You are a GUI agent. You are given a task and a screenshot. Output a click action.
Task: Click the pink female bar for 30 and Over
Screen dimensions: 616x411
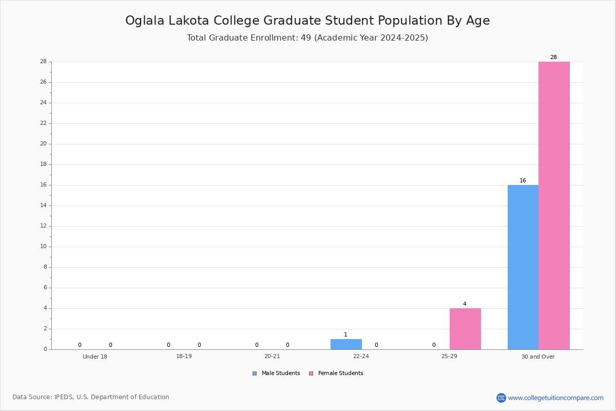[x=554, y=206]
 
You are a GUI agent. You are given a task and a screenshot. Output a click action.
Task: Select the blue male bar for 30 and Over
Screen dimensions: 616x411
[x=523, y=267]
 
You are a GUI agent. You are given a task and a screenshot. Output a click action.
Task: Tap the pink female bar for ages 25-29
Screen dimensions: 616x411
[x=465, y=329]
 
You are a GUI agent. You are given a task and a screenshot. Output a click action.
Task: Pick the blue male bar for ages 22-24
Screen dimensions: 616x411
[x=346, y=344]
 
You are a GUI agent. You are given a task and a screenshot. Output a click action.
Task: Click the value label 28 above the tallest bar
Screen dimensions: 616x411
[x=553, y=57]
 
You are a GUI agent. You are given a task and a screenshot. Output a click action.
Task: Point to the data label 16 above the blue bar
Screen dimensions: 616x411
[x=523, y=181]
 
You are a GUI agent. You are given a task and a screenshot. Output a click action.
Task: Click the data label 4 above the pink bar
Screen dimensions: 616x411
[x=465, y=304]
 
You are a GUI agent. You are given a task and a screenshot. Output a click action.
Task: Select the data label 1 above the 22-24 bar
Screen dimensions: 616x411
[x=345, y=335]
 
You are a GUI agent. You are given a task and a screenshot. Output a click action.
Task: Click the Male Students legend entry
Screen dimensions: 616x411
[x=276, y=373]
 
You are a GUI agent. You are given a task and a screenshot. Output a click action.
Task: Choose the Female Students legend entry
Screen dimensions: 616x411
[x=336, y=373]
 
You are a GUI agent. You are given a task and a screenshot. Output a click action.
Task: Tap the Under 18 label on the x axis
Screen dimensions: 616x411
[x=95, y=357]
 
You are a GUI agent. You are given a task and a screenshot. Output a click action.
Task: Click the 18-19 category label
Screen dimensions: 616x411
[x=184, y=356]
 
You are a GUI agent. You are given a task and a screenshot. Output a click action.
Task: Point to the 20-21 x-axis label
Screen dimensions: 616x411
[x=272, y=356]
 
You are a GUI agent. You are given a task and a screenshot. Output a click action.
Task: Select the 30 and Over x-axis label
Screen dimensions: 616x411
[x=538, y=357]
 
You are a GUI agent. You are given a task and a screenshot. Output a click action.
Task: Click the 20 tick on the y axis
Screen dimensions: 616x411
[x=44, y=144]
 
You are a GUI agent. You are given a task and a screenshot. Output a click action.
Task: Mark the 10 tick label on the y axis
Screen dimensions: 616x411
[x=44, y=247]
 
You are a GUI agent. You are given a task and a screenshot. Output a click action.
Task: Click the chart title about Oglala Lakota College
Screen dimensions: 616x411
[x=307, y=21]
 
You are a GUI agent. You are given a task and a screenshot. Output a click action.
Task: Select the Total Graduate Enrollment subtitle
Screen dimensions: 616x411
[x=307, y=38]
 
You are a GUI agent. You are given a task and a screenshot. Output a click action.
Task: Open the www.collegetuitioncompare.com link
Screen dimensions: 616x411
[x=556, y=398]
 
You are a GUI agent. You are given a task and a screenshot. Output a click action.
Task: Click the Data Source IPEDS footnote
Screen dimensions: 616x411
[x=91, y=397]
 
